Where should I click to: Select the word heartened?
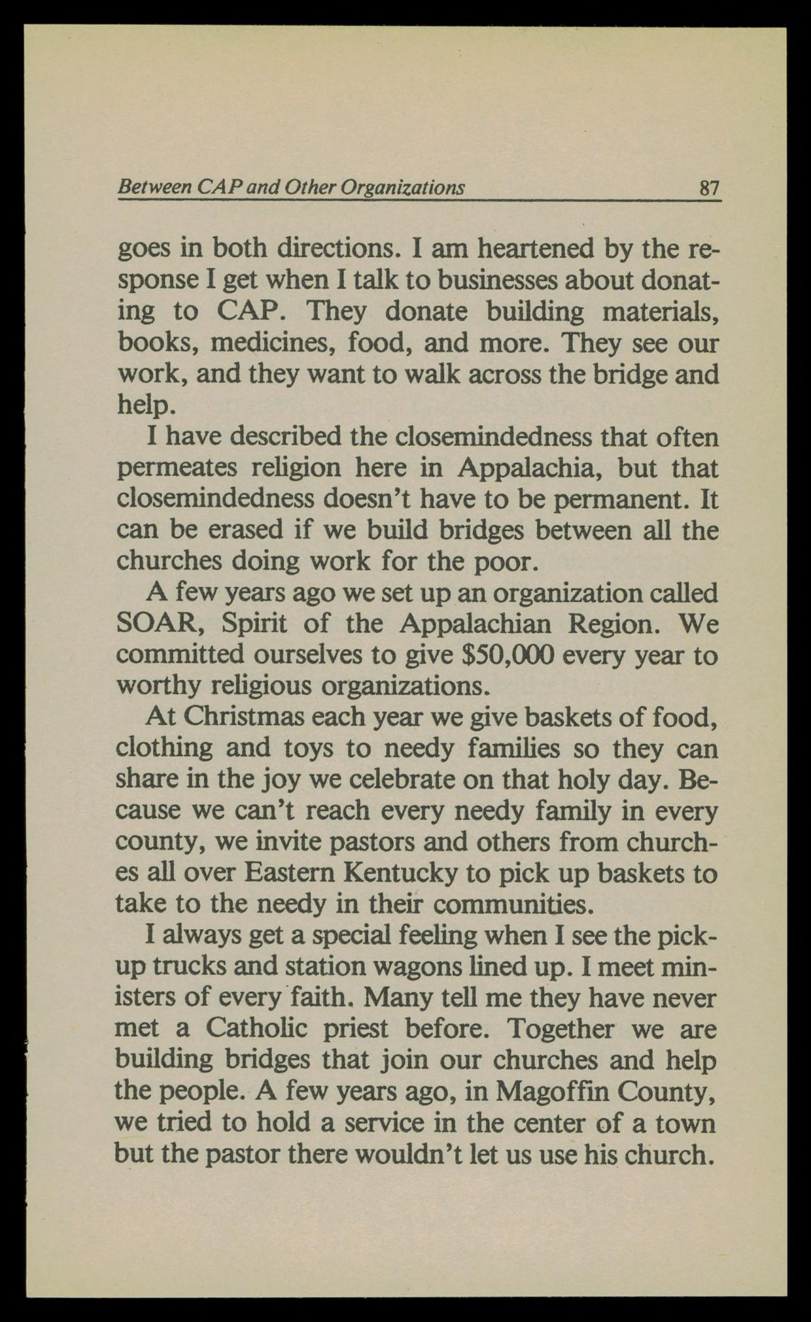tap(536, 249)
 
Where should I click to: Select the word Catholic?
tap(256, 1029)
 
